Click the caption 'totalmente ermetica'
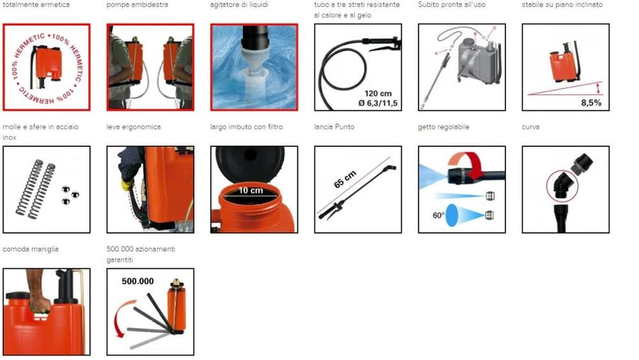point(36,5)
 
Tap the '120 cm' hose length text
point(378,93)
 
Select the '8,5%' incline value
point(591,103)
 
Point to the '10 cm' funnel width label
point(251,190)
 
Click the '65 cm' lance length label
point(345,180)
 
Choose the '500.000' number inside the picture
point(138,281)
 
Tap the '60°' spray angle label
point(439,215)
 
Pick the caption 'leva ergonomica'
point(133,127)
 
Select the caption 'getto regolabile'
point(443,127)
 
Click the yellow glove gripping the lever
point(127,185)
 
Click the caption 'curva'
point(530,127)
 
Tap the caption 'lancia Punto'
point(334,127)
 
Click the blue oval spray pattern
point(452,215)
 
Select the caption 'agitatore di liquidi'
point(239,5)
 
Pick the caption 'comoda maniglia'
point(31,249)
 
